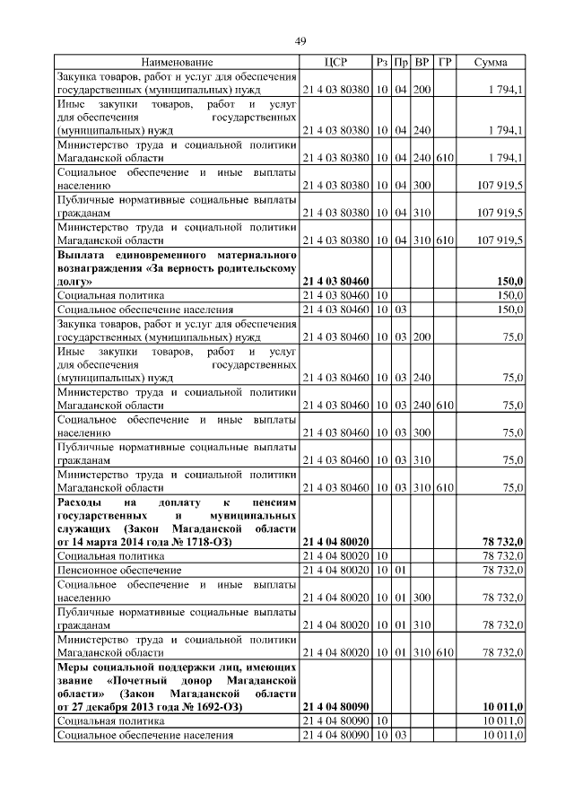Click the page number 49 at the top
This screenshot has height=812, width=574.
[300, 40]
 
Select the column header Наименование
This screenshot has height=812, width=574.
[177, 62]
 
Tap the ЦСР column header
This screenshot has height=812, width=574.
[335, 62]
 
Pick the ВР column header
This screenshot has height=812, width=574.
[422, 62]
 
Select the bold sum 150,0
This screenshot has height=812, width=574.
[509, 282]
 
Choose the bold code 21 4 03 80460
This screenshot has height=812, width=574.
[335, 282]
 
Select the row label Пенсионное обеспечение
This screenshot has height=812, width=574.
[118, 570]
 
